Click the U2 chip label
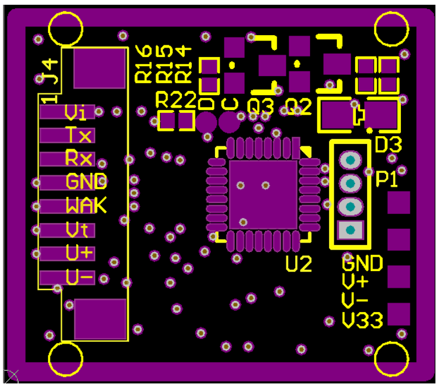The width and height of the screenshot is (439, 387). click(299, 263)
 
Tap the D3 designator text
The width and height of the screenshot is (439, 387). click(389, 144)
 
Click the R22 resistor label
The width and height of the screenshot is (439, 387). click(176, 99)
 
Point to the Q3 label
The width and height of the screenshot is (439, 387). click(260, 107)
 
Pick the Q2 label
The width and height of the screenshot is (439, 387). click(298, 107)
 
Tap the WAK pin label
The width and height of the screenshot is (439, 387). click(86, 206)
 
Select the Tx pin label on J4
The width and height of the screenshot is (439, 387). click(79, 136)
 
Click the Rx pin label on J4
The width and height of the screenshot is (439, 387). click(79, 159)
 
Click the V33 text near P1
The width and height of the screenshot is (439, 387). click(362, 322)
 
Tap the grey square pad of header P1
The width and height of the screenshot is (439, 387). click(350, 229)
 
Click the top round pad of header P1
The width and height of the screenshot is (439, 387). click(350, 161)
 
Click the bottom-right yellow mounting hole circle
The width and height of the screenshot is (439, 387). click(392, 358)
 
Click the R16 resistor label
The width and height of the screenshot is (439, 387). click(144, 64)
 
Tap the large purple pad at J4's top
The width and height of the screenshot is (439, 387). click(100, 68)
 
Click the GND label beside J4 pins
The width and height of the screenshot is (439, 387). click(86, 181)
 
